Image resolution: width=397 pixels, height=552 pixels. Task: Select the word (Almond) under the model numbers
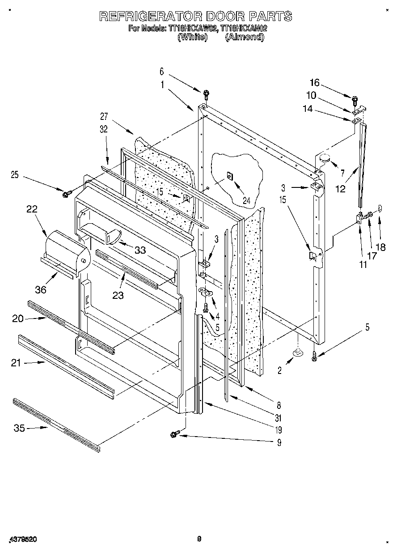[244, 37]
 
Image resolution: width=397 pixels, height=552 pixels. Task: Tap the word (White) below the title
[193, 37]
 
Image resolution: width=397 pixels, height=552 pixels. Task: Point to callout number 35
[19, 428]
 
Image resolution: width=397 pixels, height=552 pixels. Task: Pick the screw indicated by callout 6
[206, 93]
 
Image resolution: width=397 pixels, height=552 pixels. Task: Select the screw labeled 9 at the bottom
[175, 433]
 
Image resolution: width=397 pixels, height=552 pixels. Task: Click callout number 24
[246, 201]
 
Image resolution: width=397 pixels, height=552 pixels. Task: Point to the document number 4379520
[22, 540]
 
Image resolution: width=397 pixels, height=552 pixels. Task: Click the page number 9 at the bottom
[199, 539]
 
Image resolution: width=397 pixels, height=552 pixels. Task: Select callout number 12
[340, 189]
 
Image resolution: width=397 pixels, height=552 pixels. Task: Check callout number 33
[140, 250]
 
